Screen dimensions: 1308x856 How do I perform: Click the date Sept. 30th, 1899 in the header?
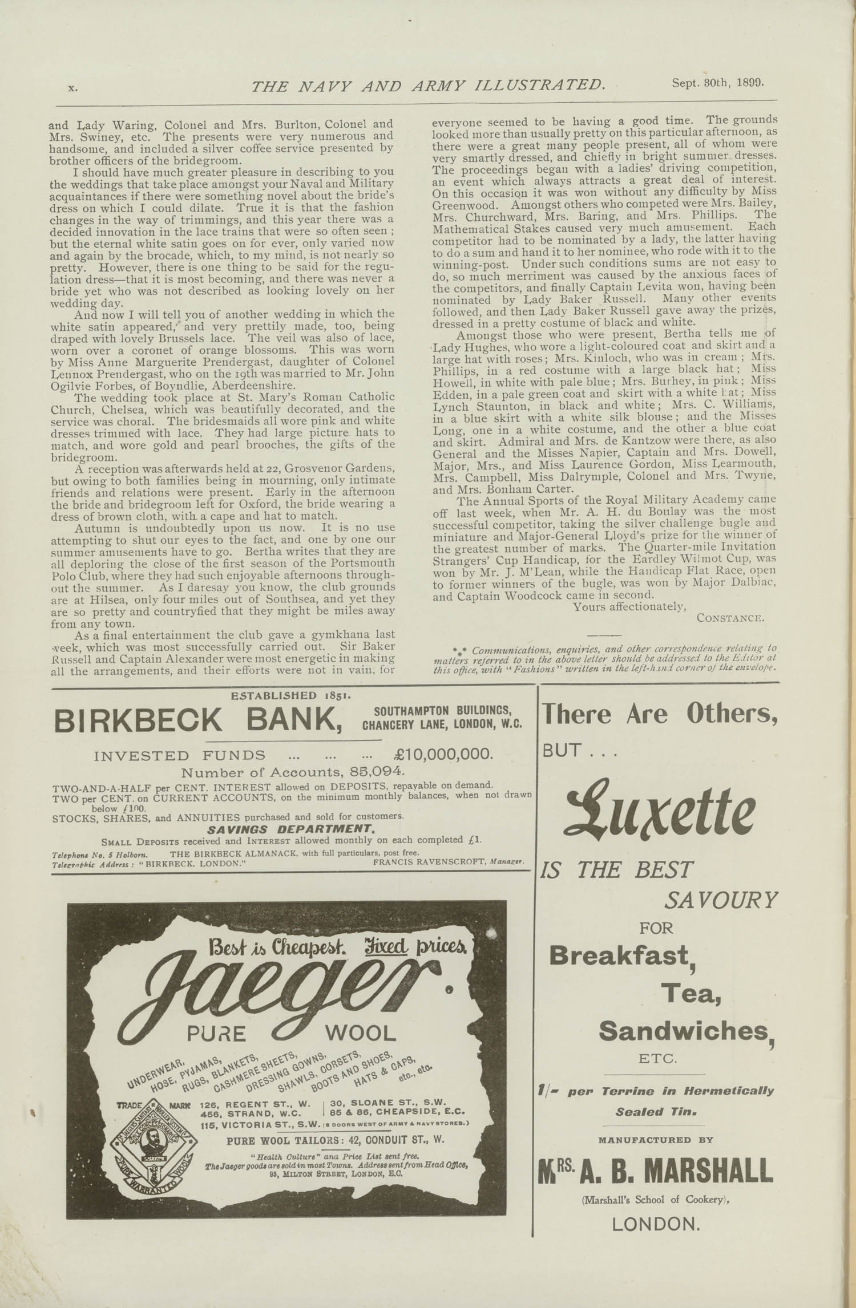tap(717, 82)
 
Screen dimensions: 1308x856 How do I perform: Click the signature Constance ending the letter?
tap(730, 618)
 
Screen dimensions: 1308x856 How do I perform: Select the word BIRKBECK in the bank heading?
tap(138, 720)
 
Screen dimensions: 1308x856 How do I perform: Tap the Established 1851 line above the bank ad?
tap(290, 695)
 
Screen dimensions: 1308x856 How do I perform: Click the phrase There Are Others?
tap(659, 714)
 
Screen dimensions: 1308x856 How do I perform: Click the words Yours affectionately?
tap(629, 606)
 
